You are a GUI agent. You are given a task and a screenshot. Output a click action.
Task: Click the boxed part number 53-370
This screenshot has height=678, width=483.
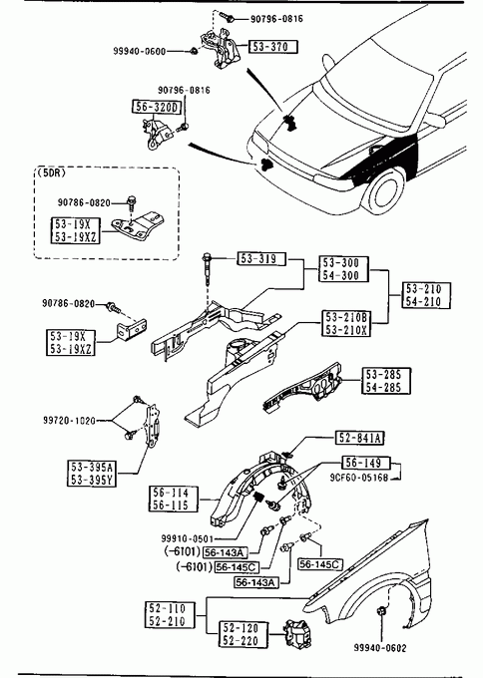tap(273, 47)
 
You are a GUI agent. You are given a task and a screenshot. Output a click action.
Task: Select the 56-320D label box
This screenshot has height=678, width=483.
tap(157, 107)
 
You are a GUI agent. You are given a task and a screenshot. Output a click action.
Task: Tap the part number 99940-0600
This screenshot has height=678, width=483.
tap(140, 52)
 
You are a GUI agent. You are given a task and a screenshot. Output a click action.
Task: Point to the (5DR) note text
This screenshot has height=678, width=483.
tap(51, 172)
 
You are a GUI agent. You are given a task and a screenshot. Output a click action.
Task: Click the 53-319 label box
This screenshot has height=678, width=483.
tap(261, 258)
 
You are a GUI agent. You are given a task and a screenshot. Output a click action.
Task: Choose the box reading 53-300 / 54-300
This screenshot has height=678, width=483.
tap(344, 269)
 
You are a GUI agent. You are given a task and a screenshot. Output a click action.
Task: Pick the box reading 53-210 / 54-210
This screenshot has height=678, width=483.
tap(427, 295)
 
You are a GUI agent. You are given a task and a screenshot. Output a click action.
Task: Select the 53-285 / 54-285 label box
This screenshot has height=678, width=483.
tap(386, 381)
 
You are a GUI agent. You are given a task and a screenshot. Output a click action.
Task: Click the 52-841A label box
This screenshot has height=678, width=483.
tap(359, 438)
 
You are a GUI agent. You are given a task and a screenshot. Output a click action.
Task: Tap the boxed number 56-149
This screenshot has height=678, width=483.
tap(366, 463)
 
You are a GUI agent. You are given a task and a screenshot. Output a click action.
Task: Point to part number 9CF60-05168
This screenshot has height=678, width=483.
tap(359, 478)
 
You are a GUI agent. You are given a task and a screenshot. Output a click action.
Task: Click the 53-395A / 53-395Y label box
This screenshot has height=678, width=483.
tap(92, 474)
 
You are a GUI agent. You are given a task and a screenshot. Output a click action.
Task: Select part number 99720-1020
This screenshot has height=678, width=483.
tap(69, 421)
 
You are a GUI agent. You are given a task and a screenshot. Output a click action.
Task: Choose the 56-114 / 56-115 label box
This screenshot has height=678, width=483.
tap(174, 499)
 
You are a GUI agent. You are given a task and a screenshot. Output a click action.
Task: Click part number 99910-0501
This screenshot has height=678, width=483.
tap(188, 538)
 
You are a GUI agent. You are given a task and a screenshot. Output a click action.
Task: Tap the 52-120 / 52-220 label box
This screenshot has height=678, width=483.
tap(243, 634)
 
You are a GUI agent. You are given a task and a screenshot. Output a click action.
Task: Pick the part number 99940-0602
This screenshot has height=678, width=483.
tap(380, 648)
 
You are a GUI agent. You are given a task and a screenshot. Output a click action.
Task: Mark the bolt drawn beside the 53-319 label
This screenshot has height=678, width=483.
tap(207, 269)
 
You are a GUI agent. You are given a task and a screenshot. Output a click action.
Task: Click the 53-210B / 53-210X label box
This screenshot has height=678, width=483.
tap(346, 323)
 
